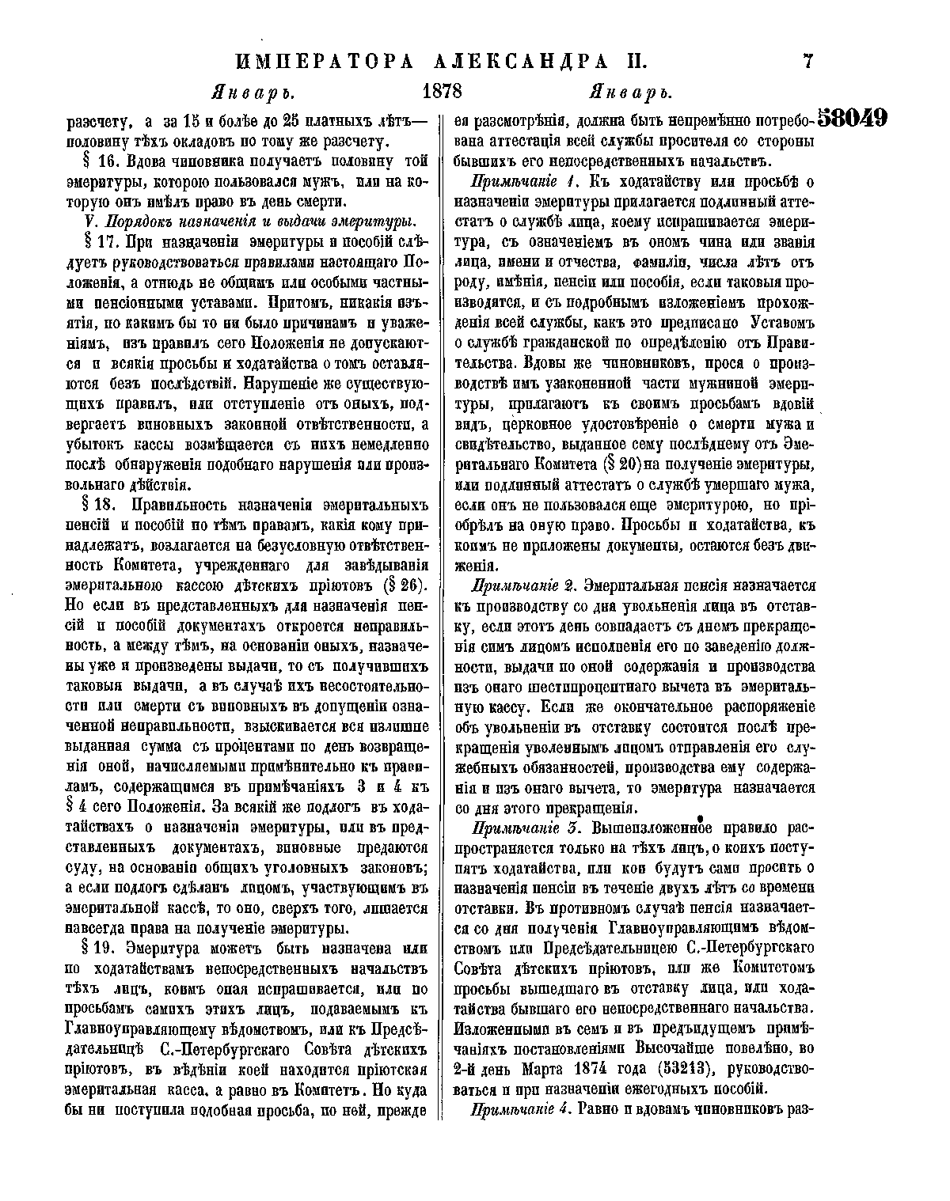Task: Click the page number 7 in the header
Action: pos(807,62)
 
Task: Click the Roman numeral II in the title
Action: pos(633,62)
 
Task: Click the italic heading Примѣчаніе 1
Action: pos(522,183)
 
